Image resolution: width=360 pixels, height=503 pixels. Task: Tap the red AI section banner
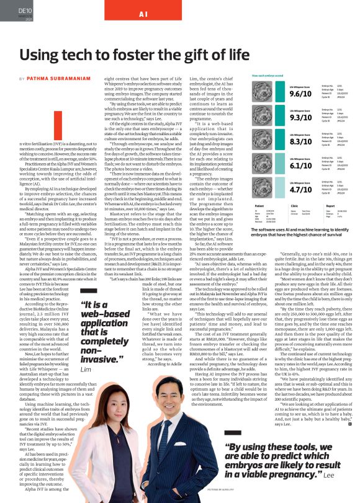point(143,14)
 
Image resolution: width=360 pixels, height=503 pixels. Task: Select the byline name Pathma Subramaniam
point(56,79)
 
